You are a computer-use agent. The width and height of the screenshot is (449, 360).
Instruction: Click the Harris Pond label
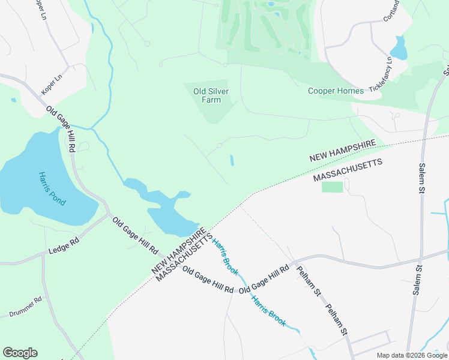[52, 189]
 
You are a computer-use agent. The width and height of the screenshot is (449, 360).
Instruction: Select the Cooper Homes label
[336, 91]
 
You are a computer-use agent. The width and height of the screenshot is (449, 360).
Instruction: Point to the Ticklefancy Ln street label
[380, 74]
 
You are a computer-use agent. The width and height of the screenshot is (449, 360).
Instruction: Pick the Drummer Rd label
[25, 307]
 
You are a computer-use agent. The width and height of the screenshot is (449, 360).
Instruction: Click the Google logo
[20, 353]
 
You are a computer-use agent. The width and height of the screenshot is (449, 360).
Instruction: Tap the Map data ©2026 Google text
[411, 355]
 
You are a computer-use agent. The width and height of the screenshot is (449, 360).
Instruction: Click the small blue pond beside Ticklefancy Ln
[398, 47]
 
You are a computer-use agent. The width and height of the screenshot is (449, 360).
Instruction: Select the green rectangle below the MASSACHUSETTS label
[332, 187]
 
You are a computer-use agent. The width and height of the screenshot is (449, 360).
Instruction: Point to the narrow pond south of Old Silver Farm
[232, 161]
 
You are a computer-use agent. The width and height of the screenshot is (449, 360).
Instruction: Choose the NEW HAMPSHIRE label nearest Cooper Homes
[343, 151]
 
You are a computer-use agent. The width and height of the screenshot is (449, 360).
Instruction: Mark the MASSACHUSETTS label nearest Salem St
[348, 170]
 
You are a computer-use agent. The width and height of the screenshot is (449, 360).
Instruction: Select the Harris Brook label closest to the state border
[221, 253]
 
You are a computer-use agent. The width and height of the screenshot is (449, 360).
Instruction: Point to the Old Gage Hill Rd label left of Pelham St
[264, 279]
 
